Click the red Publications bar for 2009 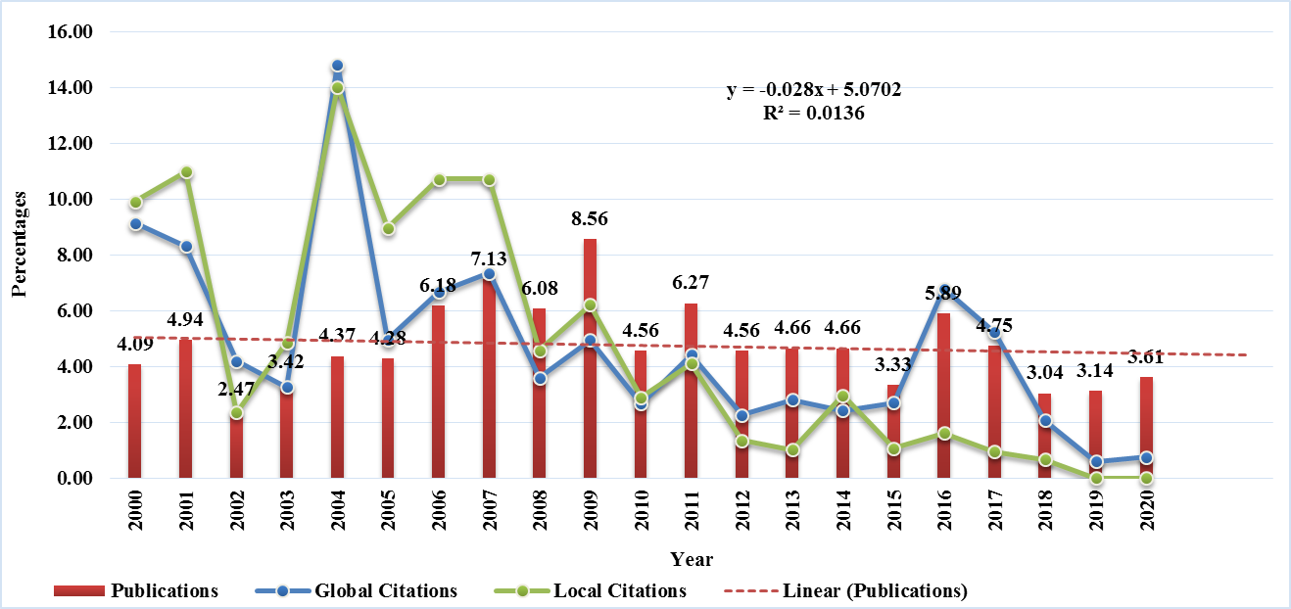click(x=591, y=362)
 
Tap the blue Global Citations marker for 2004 click(x=338, y=67)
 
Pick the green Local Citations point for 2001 click(x=186, y=172)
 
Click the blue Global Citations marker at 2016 click(x=945, y=292)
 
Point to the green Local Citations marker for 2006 click(x=439, y=180)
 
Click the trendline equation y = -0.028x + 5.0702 click(x=813, y=90)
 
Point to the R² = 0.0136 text click(x=813, y=113)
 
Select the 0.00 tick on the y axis click(x=75, y=479)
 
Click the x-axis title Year click(x=692, y=560)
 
